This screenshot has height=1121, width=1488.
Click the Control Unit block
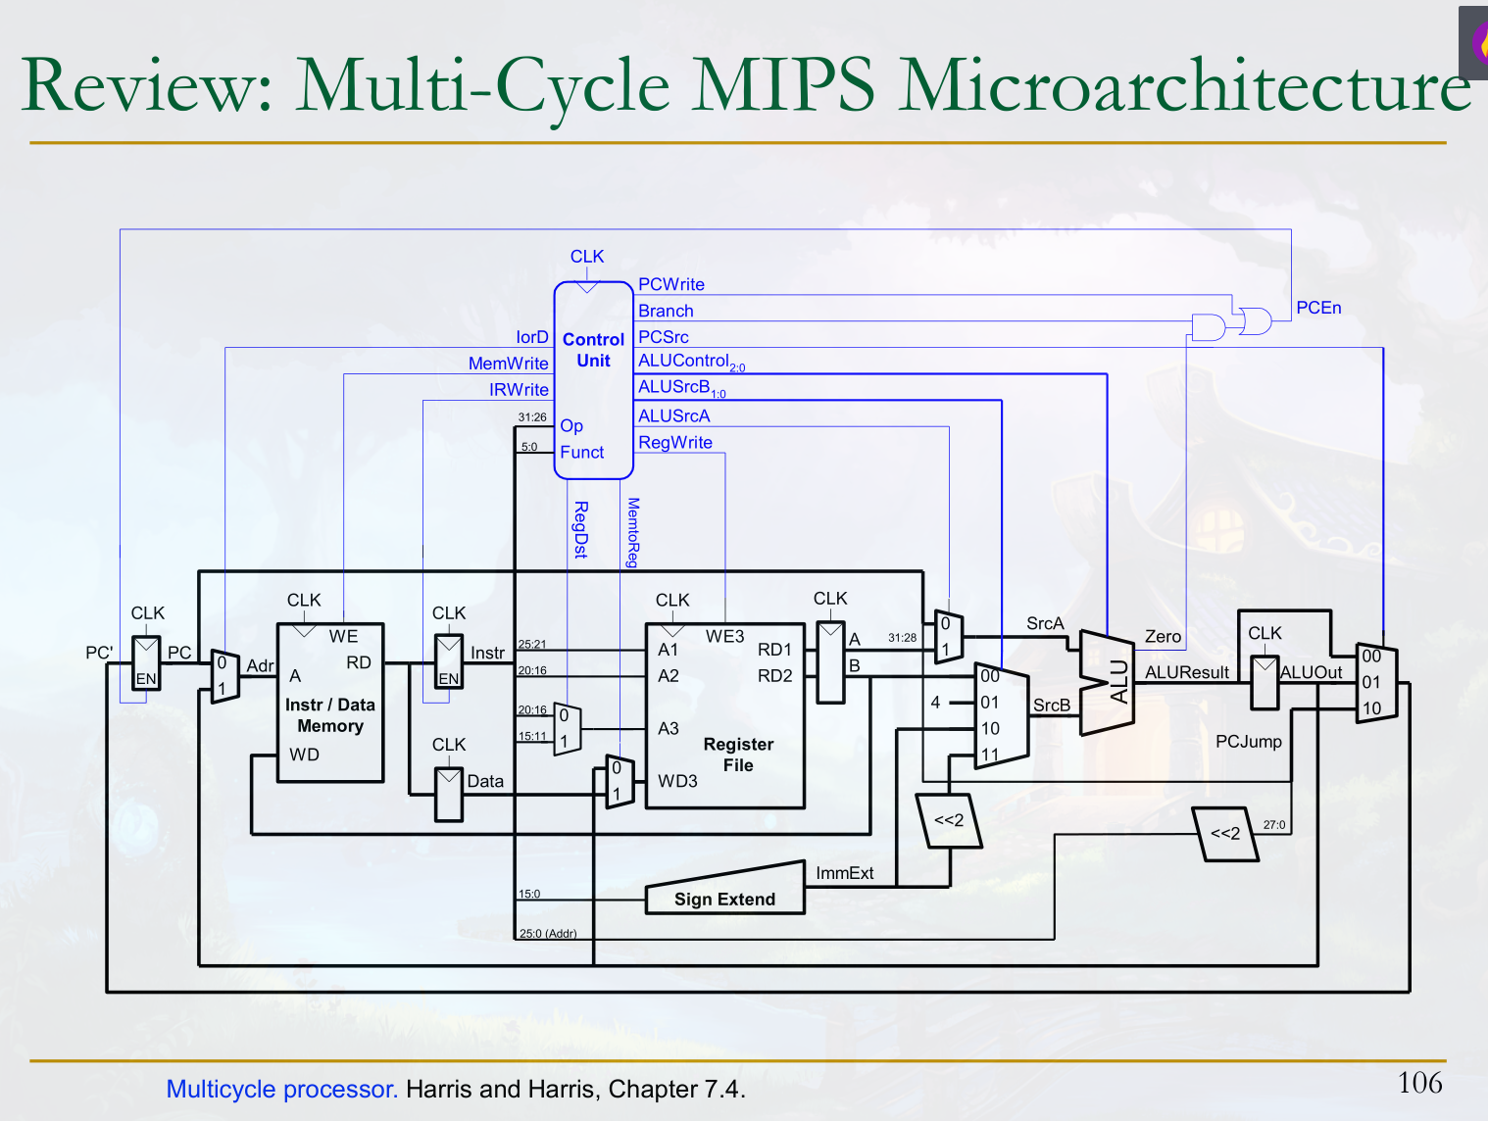click(x=593, y=379)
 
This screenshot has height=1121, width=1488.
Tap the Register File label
click(x=738, y=755)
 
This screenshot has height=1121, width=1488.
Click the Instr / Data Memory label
click(x=330, y=715)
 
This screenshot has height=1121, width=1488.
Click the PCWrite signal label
click(x=671, y=284)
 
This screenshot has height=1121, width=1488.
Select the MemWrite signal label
click(x=508, y=364)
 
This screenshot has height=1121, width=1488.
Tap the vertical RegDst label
click(x=580, y=529)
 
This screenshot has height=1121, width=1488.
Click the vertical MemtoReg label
click(x=633, y=532)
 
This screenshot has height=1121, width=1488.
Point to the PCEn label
click(x=1318, y=308)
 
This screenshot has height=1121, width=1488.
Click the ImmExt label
click(x=844, y=873)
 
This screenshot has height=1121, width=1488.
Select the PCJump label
click(x=1248, y=742)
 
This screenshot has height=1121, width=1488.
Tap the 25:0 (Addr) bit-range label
click(x=548, y=933)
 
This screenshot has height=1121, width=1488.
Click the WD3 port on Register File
click(x=677, y=781)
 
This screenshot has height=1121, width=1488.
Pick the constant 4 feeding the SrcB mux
click(x=936, y=702)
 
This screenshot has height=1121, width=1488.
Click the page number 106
click(x=1419, y=1083)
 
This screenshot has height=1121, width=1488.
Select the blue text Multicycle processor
click(x=281, y=1089)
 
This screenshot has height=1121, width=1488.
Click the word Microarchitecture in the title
click(x=1184, y=86)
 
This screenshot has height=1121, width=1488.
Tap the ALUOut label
click(x=1312, y=672)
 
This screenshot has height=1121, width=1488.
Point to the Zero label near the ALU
click(x=1163, y=637)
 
